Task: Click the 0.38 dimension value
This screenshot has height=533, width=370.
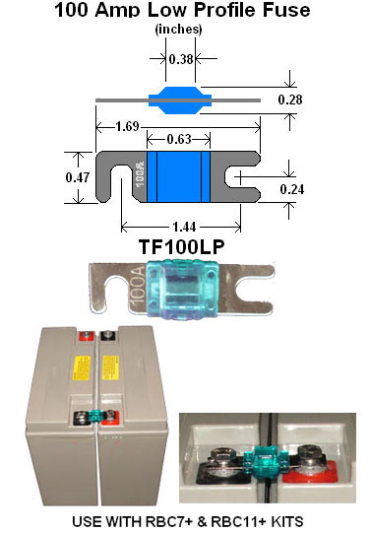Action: click(181, 59)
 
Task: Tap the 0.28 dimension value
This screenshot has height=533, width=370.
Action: click(290, 100)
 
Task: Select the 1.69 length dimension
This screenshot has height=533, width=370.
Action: click(127, 126)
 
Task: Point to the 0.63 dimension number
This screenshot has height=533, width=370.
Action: click(179, 139)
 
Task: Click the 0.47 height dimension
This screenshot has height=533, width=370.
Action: click(78, 177)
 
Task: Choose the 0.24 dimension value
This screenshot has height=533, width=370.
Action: click(292, 189)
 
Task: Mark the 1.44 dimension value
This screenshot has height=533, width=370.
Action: click(184, 227)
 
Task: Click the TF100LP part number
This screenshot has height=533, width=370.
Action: click(182, 246)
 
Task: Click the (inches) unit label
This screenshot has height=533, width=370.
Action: click(178, 30)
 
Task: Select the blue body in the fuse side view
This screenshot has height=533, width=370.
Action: click(180, 100)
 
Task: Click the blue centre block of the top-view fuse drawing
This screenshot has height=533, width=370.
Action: click(179, 176)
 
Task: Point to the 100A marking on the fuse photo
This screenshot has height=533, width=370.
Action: click(138, 285)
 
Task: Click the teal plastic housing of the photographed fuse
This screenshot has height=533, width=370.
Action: click(182, 290)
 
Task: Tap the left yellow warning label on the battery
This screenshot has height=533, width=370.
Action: click(82, 368)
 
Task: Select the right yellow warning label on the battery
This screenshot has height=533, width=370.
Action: click(110, 367)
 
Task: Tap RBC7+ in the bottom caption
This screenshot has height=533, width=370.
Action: click(168, 521)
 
